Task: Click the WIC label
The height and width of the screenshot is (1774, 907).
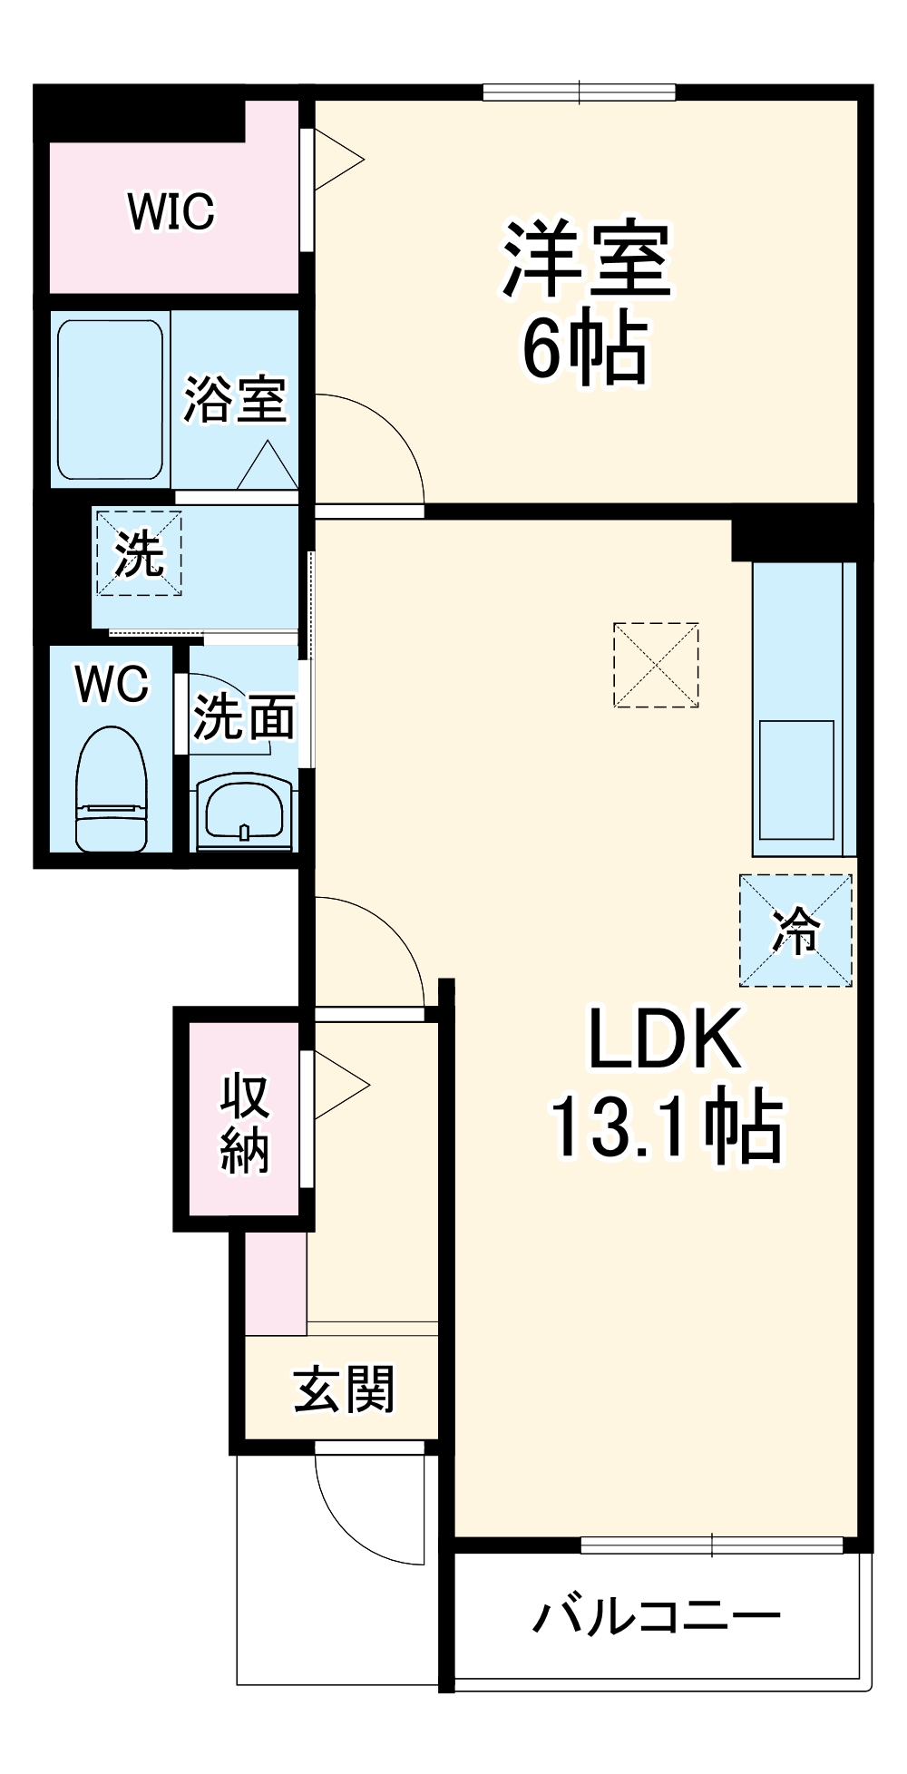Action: (171, 211)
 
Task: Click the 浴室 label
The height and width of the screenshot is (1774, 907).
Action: (235, 399)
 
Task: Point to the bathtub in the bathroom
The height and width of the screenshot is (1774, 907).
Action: (112, 400)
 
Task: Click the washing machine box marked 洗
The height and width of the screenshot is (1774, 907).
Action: (139, 553)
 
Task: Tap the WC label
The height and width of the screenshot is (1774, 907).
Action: (112, 684)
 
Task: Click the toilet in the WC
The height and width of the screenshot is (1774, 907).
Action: (112, 788)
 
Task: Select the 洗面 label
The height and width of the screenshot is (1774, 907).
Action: (244, 717)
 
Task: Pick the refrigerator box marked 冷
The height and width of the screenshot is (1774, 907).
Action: (795, 930)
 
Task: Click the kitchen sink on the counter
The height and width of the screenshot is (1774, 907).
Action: (796, 780)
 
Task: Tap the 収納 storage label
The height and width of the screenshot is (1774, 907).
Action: (245, 1123)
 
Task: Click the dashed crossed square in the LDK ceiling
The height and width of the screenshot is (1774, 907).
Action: (656, 664)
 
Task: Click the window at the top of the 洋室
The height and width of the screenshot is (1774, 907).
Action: (580, 92)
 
